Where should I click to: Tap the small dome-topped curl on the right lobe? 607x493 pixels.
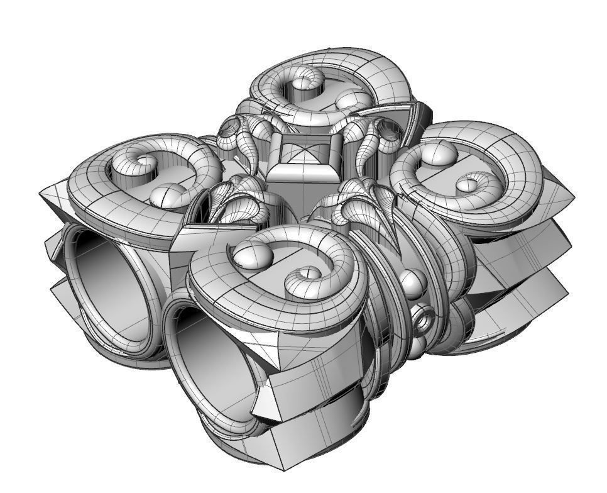pyautogui.click(x=468, y=184)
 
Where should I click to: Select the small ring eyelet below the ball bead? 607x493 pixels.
pyautogui.click(x=422, y=320)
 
